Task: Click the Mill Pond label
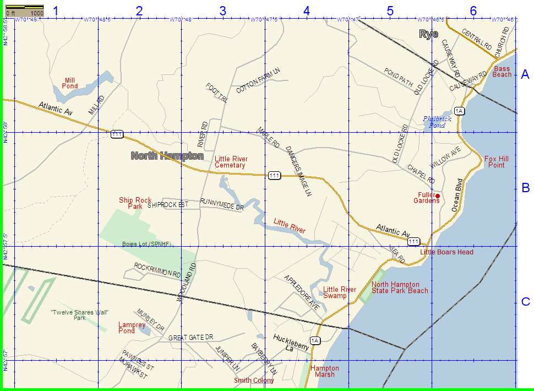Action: coord(70,83)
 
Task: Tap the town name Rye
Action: coord(429,34)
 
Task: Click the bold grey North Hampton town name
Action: coord(167,156)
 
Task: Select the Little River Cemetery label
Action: coord(231,162)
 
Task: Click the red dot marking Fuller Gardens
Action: coord(438,196)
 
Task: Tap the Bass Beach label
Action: coord(502,72)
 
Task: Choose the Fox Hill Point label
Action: coord(497,162)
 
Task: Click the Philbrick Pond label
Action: coord(437,122)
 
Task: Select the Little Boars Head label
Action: coord(446,252)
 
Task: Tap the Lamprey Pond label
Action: coord(127,328)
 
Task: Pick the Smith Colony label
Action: coord(254,381)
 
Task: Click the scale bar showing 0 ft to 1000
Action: coord(25,9)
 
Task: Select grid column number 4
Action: coord(306,10)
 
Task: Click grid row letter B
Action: coord(525,188)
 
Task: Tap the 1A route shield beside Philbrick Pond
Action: coord(460,111)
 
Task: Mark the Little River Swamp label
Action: coord(340,292)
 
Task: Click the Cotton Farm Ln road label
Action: coord(258,80)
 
